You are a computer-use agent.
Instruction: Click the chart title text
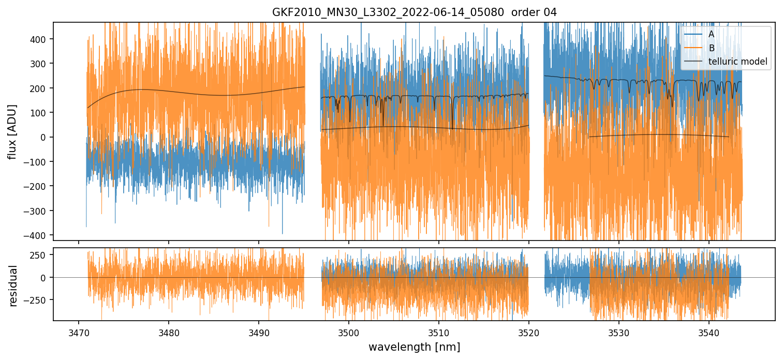tap(414, 12)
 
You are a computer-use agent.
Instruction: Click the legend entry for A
tap(711, 34)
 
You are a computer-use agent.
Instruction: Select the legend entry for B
tap(711, 48)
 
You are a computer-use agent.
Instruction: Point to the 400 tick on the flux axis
tap(40, 39)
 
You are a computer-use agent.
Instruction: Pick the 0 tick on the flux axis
tap(46, 137)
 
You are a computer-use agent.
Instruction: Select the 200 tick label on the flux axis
tap(40, 88)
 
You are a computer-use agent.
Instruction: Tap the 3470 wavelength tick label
tap(79, 332)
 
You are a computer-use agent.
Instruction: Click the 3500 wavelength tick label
tap(349, 332)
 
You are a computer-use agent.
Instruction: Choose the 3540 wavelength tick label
tap(709, 332)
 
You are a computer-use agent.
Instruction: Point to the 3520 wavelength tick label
tap(529, 332)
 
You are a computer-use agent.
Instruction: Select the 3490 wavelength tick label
tap(259, 332)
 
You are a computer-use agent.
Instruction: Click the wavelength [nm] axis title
tap(414, 347)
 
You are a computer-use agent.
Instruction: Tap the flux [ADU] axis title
tap(11, 131)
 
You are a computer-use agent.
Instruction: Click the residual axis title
tap(13, 285)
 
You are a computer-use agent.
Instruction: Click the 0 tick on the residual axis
tap(46, 278)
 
